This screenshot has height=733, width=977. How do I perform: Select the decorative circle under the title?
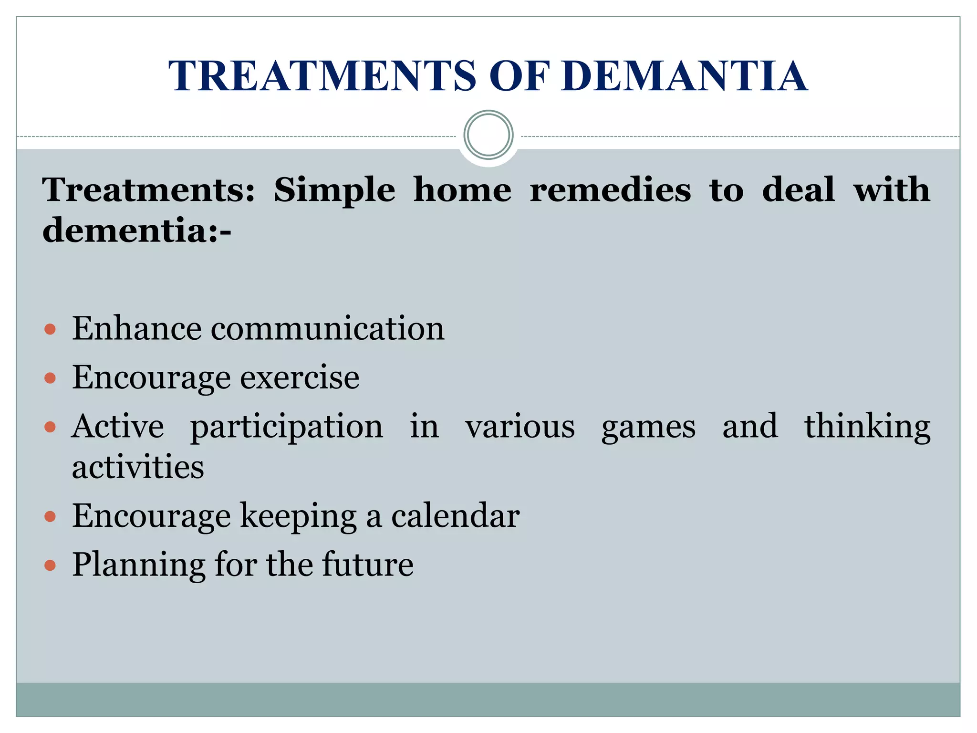(488, 135)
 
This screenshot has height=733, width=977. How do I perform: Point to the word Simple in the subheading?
(334, 190)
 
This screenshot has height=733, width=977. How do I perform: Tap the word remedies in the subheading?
(610, 190)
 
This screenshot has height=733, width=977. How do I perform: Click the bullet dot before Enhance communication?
(50, 329)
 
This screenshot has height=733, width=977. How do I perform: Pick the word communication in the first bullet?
(328, 329)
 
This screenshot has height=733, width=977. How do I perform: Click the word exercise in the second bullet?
(300, 378)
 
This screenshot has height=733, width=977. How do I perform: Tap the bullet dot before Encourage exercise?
(50, 378)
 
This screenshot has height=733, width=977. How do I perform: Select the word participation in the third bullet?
(287, 427)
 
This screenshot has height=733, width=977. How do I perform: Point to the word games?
(648, 428)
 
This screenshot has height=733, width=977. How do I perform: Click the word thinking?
(867, 427)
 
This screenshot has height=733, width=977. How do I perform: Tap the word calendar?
(455, 516)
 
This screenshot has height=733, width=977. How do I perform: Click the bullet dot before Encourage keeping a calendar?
(50, 516)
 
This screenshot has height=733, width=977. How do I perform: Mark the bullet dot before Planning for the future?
(50, 565)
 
